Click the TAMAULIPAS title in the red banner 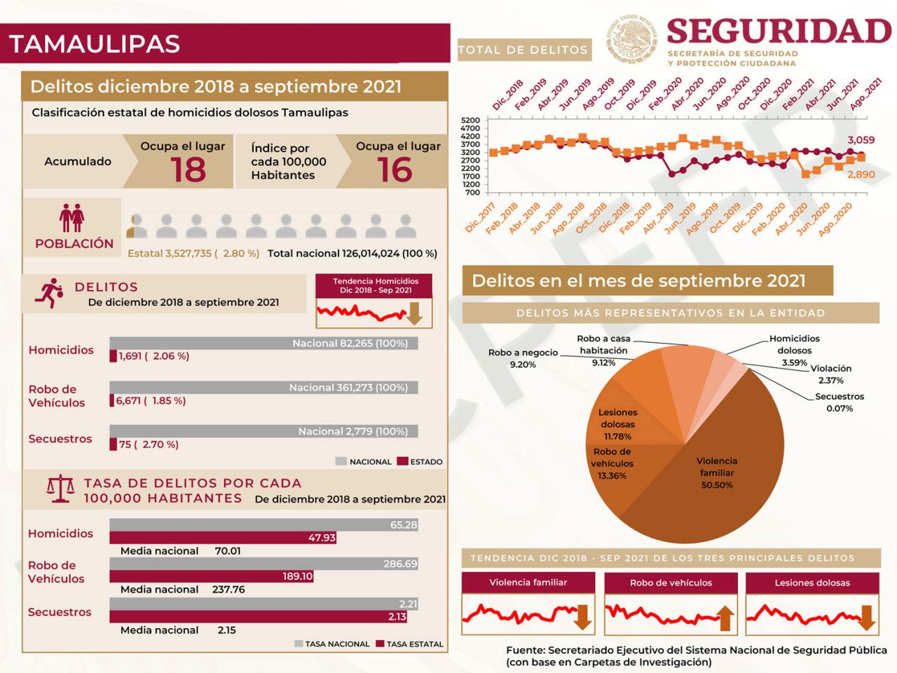tap(95, 44)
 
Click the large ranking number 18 tap(188, 170)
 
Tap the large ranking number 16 tap(395, 170)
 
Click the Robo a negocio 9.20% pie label tap(523, 358)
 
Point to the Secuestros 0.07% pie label tap(839, 402)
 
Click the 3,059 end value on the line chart tap(861, 140)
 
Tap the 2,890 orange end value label tap(861, 174)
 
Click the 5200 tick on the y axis tap(470, 120)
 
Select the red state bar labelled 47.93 tap(223, 538)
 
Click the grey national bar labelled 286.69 tap(263, 564)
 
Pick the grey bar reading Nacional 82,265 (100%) tap(263, 344)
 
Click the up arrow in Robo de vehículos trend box tap(725, 619)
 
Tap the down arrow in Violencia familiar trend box tap(582, 619)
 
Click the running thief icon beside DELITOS tap(50, 293)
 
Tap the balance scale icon tap(60, 489)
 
